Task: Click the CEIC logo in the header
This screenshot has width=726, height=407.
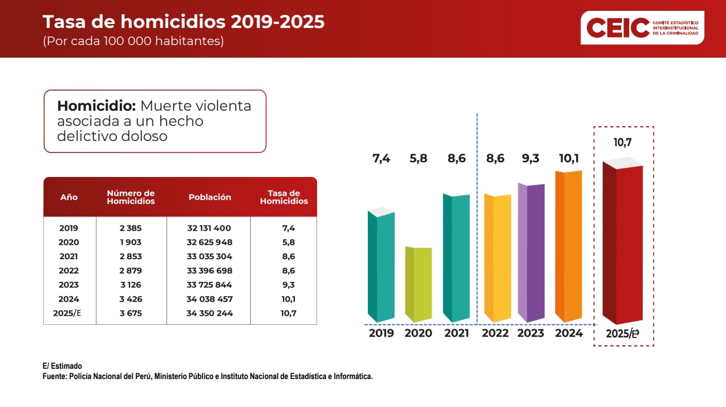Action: point(642,27)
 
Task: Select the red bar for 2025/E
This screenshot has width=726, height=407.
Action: point(623,243)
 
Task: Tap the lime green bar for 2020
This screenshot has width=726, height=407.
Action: point(419,284)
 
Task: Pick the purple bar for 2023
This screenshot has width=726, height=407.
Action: point(532,252)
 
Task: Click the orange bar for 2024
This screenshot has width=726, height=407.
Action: point(569,245)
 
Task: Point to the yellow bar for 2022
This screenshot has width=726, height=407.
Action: point(497,258)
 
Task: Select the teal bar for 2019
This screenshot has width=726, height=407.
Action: point(381,265)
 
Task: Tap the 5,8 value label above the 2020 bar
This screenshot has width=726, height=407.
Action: point(419,159)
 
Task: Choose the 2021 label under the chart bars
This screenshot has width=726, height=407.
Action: point(456,333)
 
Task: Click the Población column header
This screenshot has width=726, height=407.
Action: point(210,197)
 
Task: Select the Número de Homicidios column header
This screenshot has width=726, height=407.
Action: point(131,197)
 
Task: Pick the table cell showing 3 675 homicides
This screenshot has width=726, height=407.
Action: point(131,313)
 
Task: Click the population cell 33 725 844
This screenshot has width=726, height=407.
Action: point(209,285)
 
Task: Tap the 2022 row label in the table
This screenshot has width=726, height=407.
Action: point(69,271)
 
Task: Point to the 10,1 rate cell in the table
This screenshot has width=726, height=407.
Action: point(289,299)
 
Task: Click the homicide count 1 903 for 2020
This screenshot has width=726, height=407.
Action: point(131,242)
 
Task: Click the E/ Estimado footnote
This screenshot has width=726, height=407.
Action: point(62,366)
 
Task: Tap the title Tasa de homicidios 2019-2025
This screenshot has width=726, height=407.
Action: point(184,22)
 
